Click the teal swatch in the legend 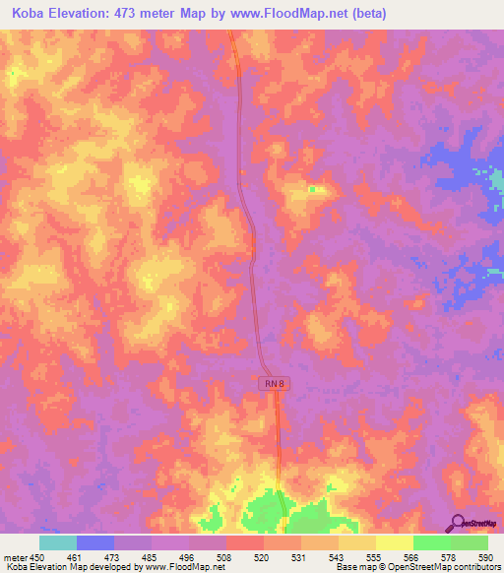pos(58,542)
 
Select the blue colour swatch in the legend pos(95,542)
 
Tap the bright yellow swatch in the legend pos(394,542)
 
